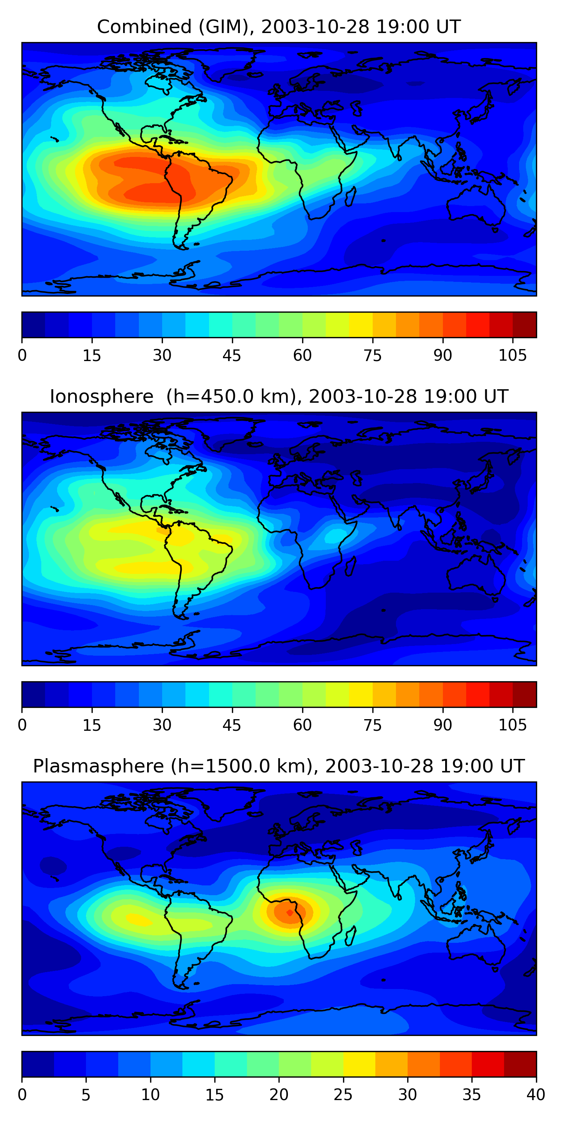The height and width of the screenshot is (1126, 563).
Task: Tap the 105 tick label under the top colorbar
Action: [x=512, y=356]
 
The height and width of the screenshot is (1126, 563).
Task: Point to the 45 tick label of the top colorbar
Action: [x=232, y=356]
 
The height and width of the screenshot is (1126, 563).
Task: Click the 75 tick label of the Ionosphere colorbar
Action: [x=372, y=725]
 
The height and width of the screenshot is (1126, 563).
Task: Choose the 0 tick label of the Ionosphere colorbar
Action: [x=22, y=725]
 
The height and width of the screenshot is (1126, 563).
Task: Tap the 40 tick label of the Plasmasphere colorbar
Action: [x=536, y=1095]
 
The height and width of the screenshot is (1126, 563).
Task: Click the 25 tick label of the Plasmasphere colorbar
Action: [x=343, y=1095]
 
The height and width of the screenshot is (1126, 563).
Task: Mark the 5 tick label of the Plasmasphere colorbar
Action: [x=86, y=1095]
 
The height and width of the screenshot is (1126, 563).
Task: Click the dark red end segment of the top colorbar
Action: [x=525, y=325]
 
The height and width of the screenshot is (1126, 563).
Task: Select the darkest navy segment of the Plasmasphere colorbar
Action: [x=38, y=1064]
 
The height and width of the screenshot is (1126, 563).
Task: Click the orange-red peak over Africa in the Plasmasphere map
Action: [x=289, y=913]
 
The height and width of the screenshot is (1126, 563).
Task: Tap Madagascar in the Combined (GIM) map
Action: [x=351, y=196]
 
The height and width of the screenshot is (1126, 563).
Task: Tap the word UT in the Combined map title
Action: [x=448, y=27]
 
